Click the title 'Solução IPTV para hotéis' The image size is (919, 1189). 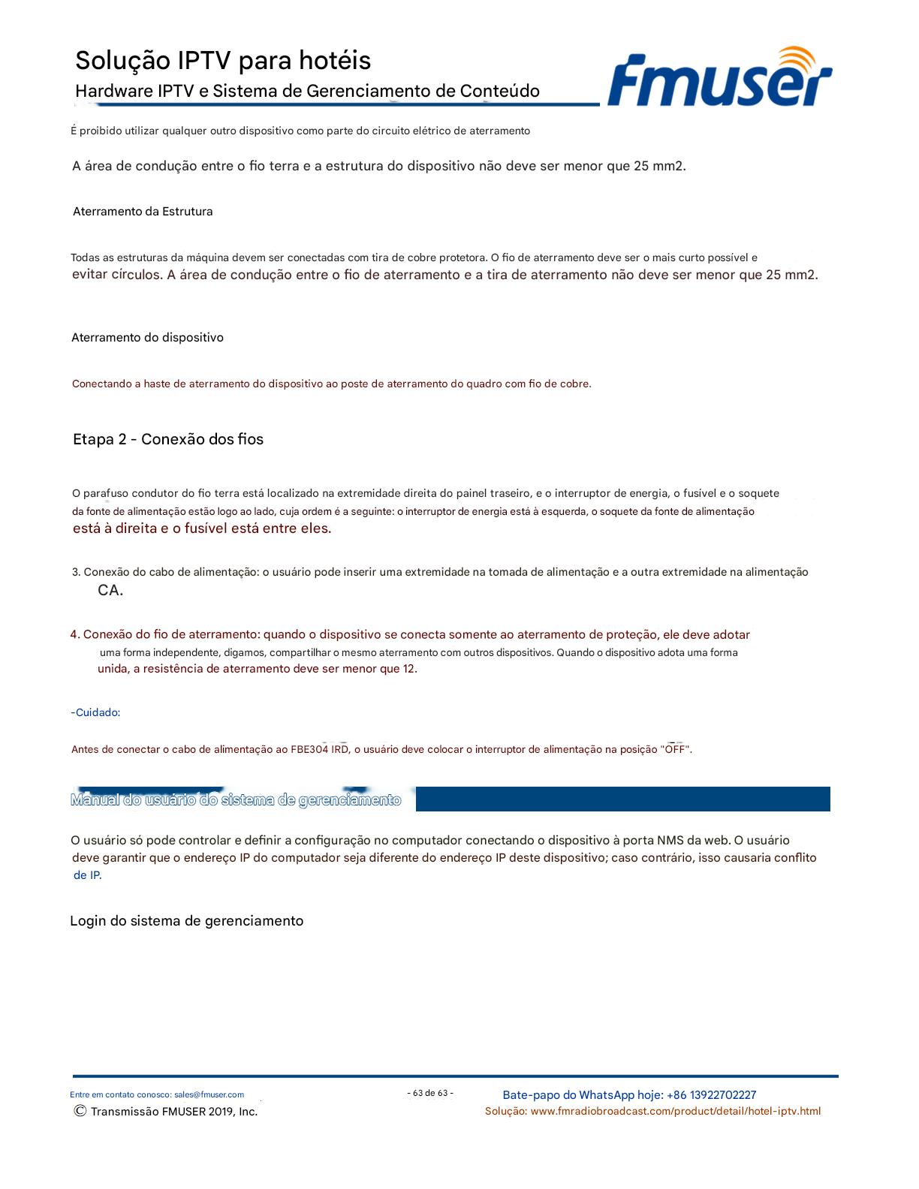223,60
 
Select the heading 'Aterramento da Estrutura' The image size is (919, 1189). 143,212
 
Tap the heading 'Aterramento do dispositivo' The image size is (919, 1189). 147,338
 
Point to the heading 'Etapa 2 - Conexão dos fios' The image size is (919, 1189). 168,439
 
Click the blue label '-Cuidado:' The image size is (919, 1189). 95,712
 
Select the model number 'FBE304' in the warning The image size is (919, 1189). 309,749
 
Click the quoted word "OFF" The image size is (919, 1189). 675,749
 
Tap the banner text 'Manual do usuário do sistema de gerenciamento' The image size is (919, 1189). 236,800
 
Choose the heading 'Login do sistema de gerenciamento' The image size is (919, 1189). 186,921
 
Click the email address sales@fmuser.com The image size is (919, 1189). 209,1094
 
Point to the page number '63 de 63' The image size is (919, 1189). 430,1093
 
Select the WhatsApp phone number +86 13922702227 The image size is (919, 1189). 711,1095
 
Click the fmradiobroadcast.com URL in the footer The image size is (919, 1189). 675,1111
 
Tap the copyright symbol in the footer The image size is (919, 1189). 80,1111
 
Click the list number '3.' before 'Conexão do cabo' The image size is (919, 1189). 77,572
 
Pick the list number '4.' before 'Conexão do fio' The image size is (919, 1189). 75,635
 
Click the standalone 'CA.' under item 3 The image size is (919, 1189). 110,591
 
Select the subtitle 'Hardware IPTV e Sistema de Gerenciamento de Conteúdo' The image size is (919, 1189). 307,92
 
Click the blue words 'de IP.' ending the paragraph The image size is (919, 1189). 87,875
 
